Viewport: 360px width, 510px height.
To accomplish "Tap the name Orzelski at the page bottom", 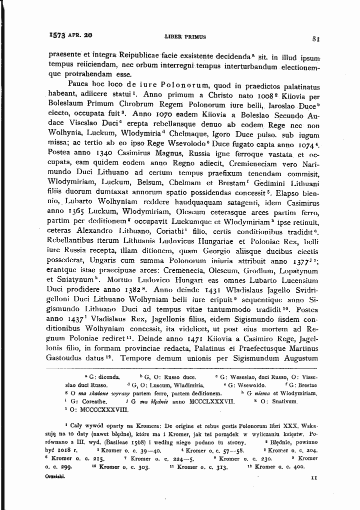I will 55,477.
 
